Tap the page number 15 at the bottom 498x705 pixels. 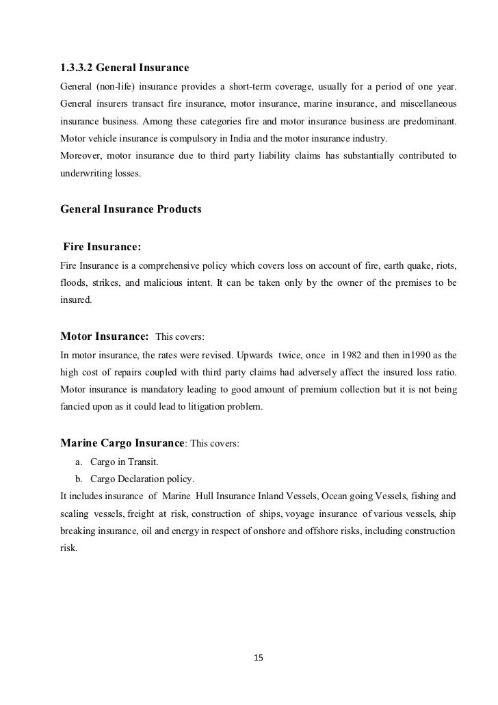point(258,658)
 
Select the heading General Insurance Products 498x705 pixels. point(131,209)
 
